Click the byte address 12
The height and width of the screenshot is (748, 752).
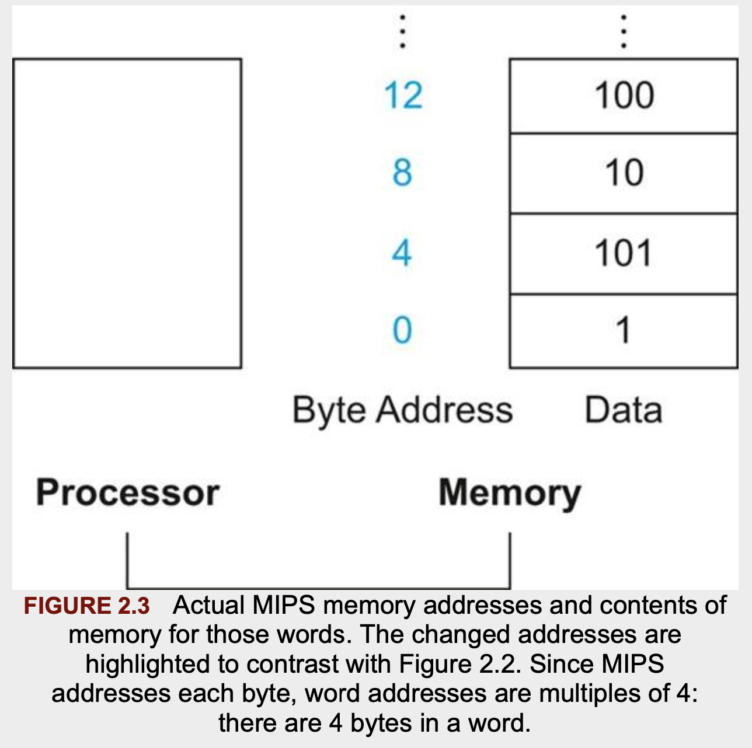[x=403, y=96]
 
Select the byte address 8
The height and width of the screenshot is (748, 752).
[x=402, y=173]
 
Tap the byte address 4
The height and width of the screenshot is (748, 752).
[x=402, y=253]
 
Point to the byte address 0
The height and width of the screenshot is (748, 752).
[x=402, y=330]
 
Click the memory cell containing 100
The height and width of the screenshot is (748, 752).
[x=624, y=96]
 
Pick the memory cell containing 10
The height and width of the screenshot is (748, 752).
[x=624, y=173]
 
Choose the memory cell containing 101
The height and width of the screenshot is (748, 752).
[x=624, y=254]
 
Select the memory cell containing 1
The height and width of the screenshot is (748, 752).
[x=624, y=331]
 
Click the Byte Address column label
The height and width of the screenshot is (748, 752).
[x=402, y=410]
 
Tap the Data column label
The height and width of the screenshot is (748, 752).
[x=624, y=410]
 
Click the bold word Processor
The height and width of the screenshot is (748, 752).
[x=128, y=493]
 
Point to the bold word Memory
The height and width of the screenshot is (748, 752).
[x=510, y=494]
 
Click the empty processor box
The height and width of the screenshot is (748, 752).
[x=127, y=214]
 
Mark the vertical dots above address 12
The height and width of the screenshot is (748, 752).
[x=402, y=32]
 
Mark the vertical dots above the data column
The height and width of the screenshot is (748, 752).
[x=624, y=32]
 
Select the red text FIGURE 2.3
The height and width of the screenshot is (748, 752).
[x=87, y=606]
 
